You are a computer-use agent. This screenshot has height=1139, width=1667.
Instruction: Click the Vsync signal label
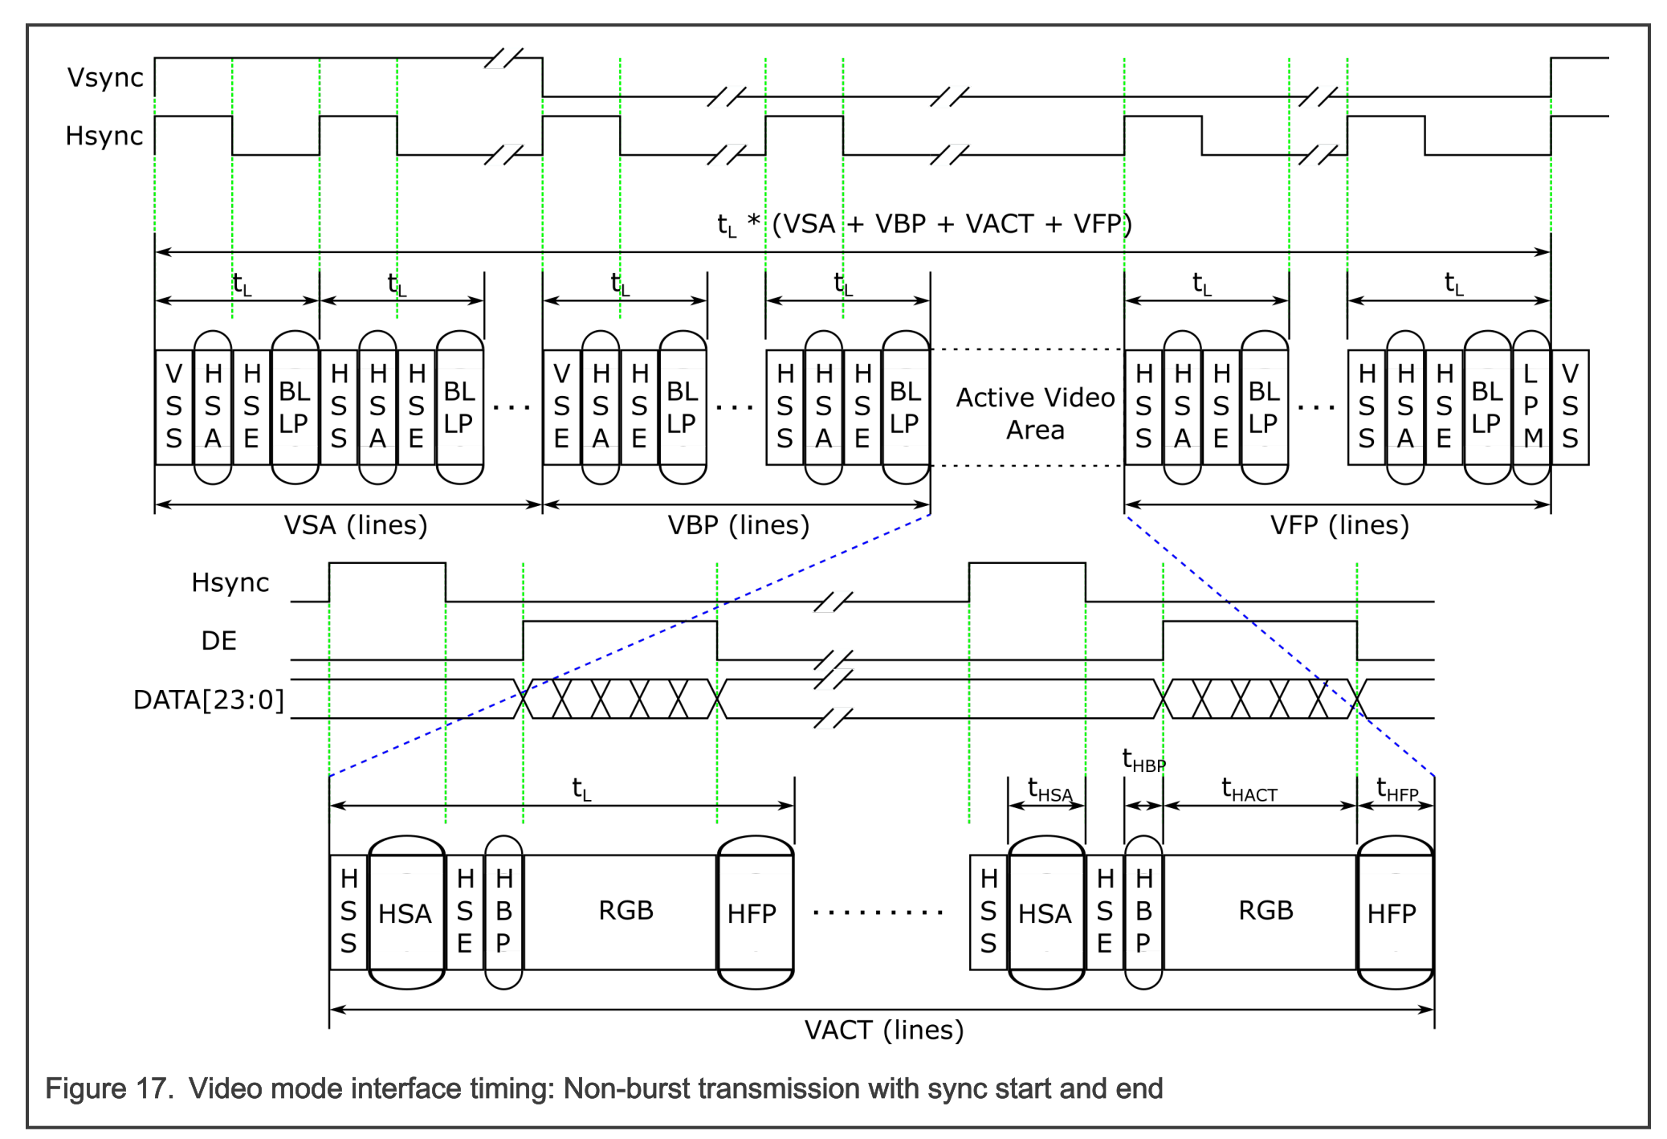point(105,78)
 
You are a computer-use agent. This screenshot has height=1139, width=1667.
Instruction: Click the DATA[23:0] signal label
point(208,700)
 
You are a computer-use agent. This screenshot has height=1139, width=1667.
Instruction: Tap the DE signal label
point(218,641)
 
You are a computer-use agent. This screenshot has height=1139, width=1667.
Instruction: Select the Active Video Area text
point(1035,413)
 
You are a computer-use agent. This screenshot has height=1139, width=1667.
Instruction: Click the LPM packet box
point(1532,406)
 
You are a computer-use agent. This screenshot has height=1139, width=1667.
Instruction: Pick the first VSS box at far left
point(173,406)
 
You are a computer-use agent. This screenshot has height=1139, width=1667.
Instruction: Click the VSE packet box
point(561,406)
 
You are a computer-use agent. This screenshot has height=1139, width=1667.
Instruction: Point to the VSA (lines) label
point(355,525)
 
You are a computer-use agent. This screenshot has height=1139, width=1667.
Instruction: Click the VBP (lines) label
point(738,525)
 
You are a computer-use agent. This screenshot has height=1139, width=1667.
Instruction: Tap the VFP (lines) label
point(1339,525)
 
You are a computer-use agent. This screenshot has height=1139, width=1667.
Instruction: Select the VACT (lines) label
point(883,1030)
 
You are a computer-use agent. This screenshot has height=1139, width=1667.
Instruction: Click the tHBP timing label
point(1143,760)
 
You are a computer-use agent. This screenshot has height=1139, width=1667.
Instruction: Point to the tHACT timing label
point(1249,790)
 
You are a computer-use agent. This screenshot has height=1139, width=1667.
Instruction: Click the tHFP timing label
point(1396,790)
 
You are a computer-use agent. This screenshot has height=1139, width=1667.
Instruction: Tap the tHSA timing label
point(1049,790)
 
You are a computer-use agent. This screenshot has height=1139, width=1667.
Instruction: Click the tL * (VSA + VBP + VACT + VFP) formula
point(923,224)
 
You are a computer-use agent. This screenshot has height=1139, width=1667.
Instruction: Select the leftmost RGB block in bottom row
point(626,911)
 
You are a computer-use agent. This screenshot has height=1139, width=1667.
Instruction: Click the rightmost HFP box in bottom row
point(1393,913)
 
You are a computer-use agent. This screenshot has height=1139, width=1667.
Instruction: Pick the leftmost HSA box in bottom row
point(406,913)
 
